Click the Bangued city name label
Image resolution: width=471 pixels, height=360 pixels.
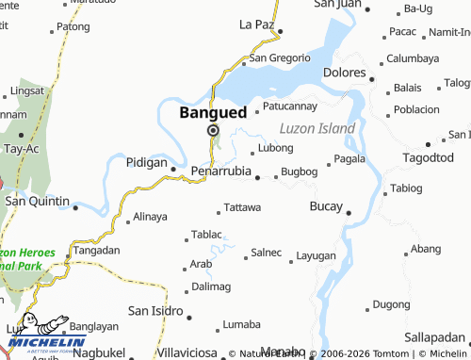(213, 112)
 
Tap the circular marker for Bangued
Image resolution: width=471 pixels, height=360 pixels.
(213, 131)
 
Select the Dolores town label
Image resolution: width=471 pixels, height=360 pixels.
(344, 73)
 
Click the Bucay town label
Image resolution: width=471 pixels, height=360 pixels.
(327, 205)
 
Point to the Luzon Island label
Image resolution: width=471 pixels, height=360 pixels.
(317, 128)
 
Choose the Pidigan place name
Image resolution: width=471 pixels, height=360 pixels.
(146, 163)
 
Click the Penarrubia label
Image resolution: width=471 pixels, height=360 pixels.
(220, 172)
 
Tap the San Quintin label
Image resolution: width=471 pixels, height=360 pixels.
(37, 201)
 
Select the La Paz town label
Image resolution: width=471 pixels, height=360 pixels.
(257, 24)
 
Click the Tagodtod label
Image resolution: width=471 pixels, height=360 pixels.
(428, 157)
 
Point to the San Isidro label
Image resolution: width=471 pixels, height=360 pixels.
(155, 310)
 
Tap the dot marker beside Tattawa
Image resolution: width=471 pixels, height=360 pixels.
(219, 207)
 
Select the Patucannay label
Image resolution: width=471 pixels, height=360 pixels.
(290, 106)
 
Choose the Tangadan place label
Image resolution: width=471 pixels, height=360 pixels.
(97, 251)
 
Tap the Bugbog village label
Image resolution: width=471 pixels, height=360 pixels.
(300, 172)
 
